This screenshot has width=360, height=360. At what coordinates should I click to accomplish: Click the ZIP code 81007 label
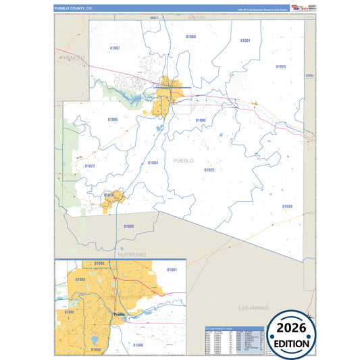pos(115,48)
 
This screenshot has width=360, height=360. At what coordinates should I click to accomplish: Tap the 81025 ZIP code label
pos(280,66)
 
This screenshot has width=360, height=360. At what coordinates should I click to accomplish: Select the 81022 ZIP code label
pos(209,170)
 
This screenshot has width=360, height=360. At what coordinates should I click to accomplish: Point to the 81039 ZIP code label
pos(287,206)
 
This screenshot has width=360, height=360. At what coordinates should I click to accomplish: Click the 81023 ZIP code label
pos(90,165)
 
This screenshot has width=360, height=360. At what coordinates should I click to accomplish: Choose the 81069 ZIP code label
pos(128,226)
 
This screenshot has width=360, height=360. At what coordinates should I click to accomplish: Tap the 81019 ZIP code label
pos(109,195)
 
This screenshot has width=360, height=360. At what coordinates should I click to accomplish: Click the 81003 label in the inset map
pos(80,279)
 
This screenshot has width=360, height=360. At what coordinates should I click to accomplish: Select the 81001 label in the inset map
pos(172,269)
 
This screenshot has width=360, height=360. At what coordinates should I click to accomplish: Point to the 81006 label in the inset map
pos(138,344)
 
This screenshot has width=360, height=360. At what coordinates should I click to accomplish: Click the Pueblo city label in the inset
pos(120,315)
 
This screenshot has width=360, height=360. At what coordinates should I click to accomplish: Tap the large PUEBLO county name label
pos(183,160)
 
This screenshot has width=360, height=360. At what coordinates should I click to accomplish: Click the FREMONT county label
pos(72,58)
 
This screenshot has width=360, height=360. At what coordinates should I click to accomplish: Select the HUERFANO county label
pos(132,255)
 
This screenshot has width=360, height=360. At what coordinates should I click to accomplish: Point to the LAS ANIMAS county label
pos(254,307)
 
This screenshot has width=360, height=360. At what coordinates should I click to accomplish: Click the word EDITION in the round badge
pos(292,343)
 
